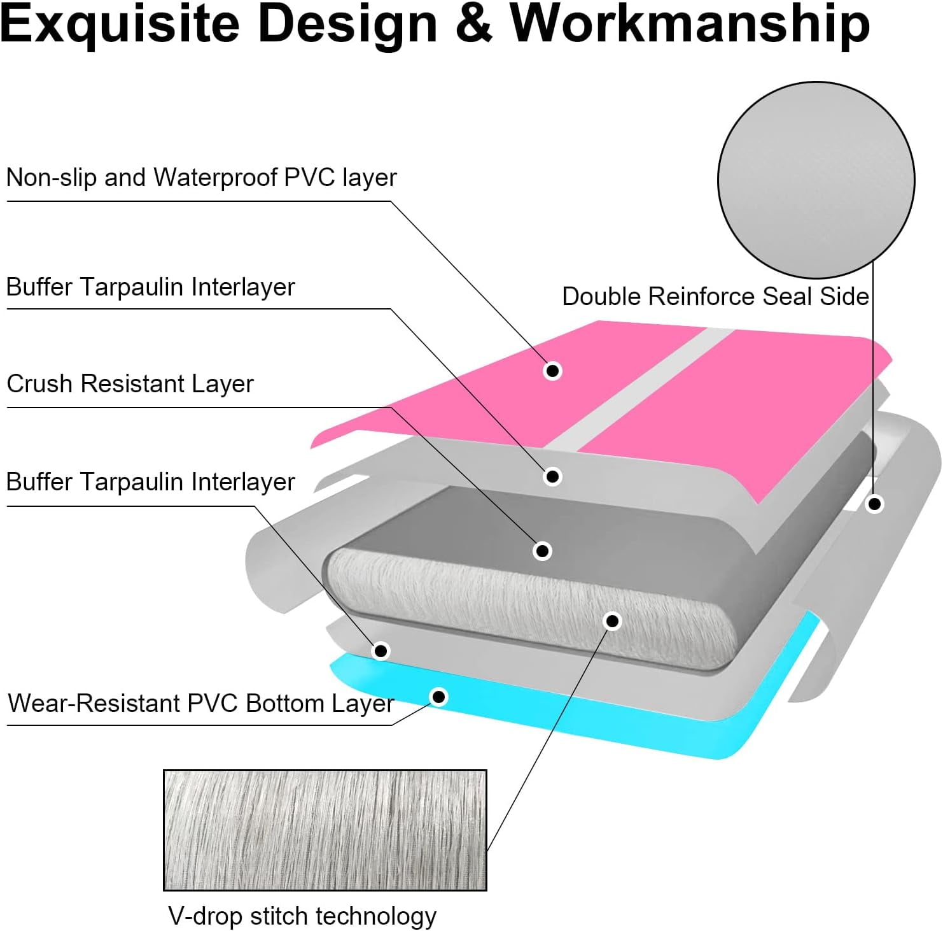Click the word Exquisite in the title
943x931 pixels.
click(x=120, y=24)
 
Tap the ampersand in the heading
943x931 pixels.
click(x=473, y=24)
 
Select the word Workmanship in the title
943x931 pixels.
click(x=690, y=24)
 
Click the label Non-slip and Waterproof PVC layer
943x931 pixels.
click(x=201, y=178)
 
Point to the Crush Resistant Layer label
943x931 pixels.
click(x=130, y=384)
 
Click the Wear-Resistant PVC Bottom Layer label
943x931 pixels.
click(x=201, y=704)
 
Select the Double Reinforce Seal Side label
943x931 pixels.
click(x=715, y=297)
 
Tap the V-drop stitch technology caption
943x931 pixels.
click(x=302, y=916)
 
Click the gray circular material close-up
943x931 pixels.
click(x=816, y=180)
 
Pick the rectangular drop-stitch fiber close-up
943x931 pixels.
click(x=325, y=830)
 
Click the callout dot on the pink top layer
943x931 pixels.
click(x=552, y=371)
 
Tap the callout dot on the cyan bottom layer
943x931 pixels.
click(x=438, y=697)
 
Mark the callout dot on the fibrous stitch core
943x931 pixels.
click(x=612, y=621)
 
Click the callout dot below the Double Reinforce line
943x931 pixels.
click(x=875, y=504)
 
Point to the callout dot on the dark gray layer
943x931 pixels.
click(x=542, y=551)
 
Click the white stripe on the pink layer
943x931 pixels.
click(x=643, y=388)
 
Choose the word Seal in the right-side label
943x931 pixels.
click(x=788, y=297)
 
